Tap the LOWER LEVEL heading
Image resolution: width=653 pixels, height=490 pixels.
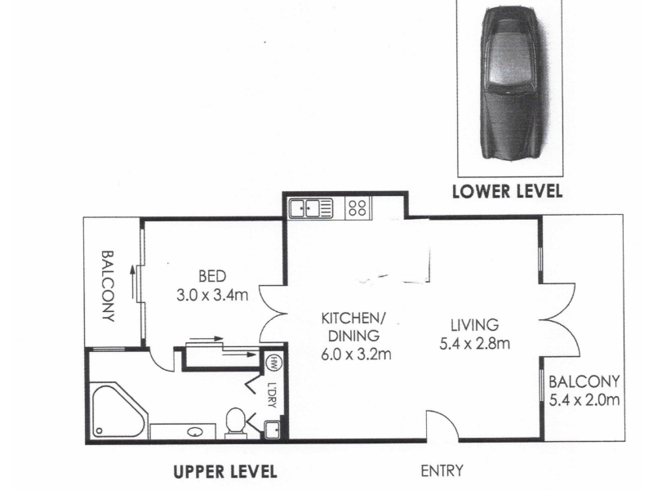507,191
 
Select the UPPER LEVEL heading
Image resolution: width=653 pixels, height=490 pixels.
225,472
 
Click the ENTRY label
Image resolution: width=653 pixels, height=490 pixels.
442,471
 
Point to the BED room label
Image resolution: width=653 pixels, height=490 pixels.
212,276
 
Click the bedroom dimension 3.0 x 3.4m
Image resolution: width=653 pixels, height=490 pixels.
212,295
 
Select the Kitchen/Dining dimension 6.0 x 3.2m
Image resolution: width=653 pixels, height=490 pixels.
356,354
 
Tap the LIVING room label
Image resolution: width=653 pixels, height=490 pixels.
475,324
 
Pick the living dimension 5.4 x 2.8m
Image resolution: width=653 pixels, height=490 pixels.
475,344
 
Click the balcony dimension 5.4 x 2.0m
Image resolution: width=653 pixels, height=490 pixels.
584,400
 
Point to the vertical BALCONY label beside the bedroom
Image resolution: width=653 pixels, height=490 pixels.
108,286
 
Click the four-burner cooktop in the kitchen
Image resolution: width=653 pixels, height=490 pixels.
358,207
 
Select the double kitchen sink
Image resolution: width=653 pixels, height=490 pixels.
312,208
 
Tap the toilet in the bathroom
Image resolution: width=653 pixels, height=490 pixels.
236,422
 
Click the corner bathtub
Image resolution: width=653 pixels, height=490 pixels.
118,411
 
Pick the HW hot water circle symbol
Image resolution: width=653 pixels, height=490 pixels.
273,360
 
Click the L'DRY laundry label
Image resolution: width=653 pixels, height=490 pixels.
272,395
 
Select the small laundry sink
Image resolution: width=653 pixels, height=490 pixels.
273,430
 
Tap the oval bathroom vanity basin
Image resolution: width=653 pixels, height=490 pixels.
194,432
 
